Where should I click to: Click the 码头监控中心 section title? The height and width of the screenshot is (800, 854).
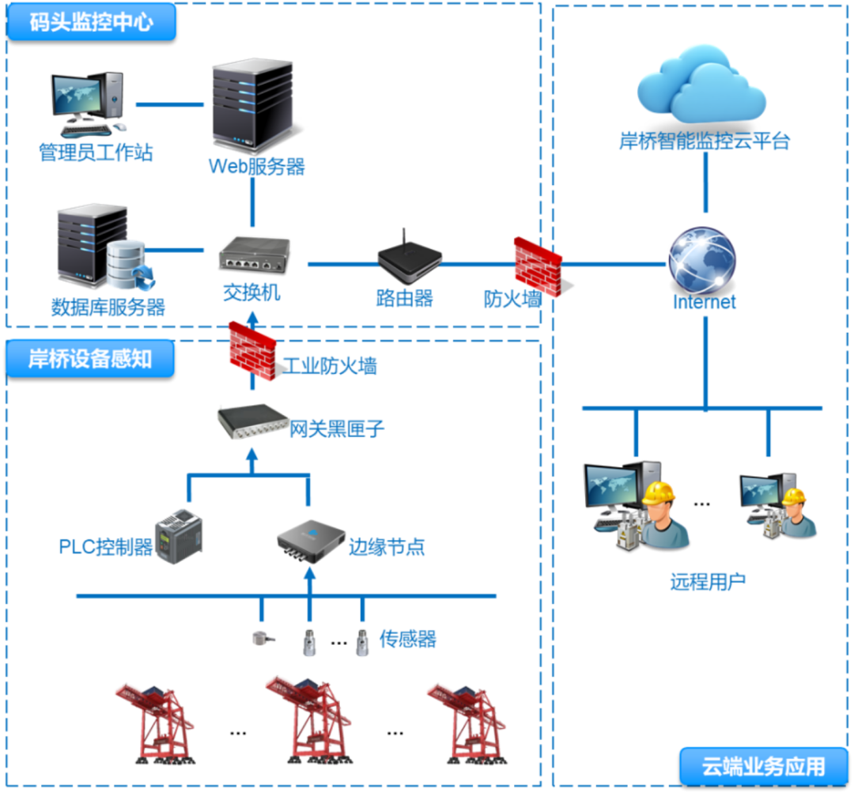(91, 21)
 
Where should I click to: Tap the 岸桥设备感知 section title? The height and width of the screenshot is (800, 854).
(90, 359)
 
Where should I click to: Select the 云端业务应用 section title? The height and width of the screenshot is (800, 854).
(763, 766)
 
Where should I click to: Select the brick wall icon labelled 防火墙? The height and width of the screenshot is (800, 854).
(538, 266)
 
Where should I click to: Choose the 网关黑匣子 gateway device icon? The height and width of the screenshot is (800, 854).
(252, 421)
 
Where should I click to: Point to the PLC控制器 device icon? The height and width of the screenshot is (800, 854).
(179, 535)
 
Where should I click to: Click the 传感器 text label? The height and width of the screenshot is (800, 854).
(407, 639)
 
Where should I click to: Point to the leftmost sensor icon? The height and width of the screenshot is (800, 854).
(260, 639)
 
